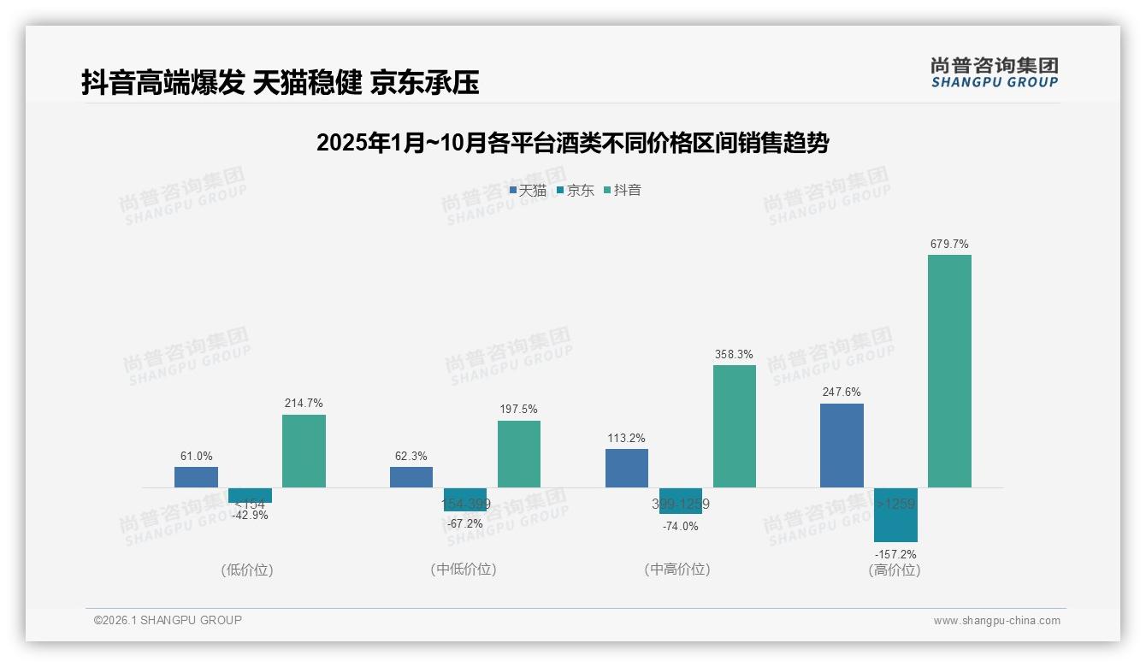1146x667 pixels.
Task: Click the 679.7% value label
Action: [x=949, y=245]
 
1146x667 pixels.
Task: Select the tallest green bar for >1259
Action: [x=949, y=371]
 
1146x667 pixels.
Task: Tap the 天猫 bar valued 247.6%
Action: [x=842, y=446]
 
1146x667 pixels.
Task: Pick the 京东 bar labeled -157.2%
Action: [x=895, y=515]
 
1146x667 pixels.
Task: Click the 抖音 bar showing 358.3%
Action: [x=735, y=426]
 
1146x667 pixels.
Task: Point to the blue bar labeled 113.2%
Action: [x=627, y=468]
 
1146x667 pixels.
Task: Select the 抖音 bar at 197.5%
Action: [x=519, y=454]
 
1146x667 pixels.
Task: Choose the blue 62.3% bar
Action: [x=411, y=477]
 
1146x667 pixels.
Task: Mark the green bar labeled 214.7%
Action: [x=304, y=451]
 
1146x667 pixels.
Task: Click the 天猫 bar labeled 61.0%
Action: [x=196, y=477]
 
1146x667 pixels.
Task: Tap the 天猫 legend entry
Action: [x=528, y=190]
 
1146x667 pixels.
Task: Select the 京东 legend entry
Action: [x=575, y=190]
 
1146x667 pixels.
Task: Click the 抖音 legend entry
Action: [x=623, y=190]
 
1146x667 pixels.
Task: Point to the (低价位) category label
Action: [x=247, y=570]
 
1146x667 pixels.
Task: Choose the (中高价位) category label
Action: [x=677, y=570]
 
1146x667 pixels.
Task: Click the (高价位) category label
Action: [x=895, y=570]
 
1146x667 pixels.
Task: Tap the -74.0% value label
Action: [x=680, y=527]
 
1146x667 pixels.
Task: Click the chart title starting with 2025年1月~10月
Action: [x=572, y=143]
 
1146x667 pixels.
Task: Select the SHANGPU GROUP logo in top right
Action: [x=994, y=73]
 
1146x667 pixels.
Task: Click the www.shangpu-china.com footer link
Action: [x=996, y=621]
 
